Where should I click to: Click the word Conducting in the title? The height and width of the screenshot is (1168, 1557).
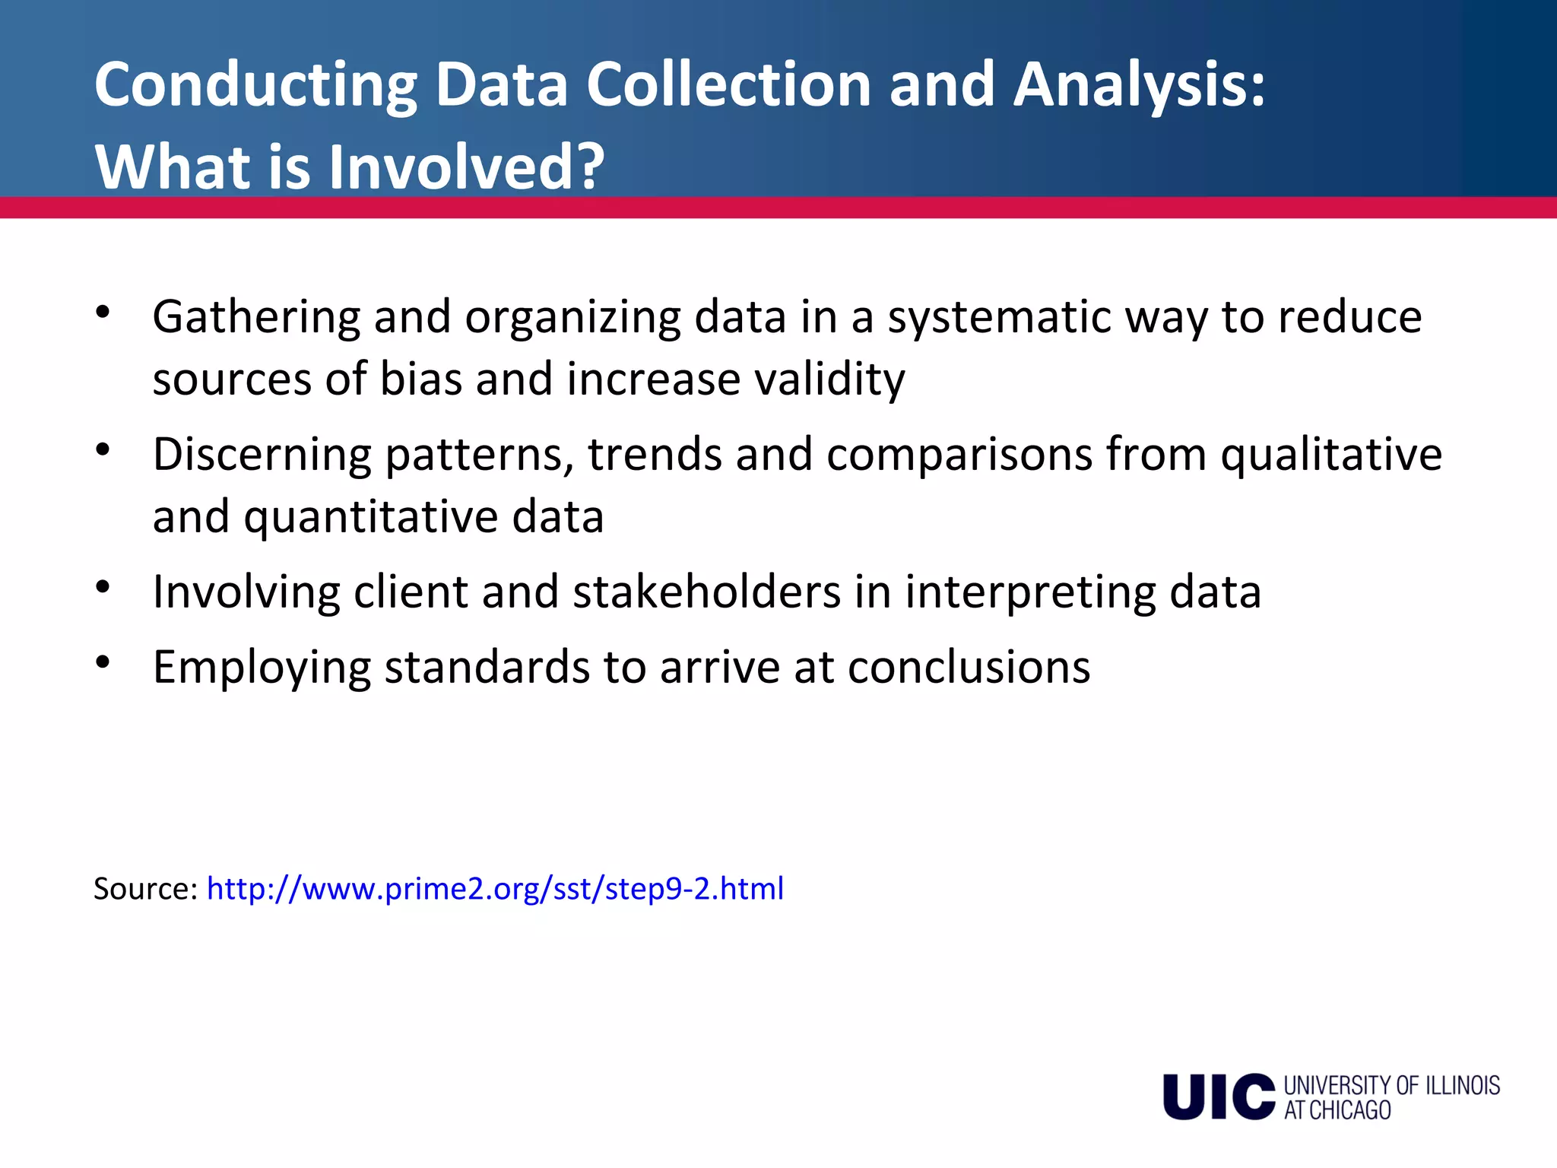pyautogui.click(x=255, y=85)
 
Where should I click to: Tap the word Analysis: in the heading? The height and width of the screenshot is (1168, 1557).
pyautogui.click(x=1139, y=85)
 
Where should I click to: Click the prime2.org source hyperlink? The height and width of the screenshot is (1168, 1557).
pyautogui.click(x=495, y=888)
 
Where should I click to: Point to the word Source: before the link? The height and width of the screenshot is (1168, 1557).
pyautogui.click(x=145, y=888)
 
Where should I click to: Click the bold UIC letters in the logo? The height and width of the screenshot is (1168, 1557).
pyautogui.click(x=1218, y=1097)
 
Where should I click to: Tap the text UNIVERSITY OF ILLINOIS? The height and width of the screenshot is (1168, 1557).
pyautogui.click(x=1391, y=1085)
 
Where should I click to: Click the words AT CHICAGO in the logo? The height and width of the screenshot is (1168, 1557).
pyautogui.click(x=1337, y=1110)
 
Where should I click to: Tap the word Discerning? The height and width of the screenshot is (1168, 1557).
pyautogui.click(x=262, y=455)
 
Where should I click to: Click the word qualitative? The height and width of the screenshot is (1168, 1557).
pyautogui.click(x=1331, y=455)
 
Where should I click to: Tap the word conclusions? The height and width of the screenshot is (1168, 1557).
pyautogui.click(x=969, y=668)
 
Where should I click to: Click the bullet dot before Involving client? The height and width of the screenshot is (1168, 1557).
pyautogui.click(x=103, y=587)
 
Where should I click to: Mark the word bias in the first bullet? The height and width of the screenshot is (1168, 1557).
pyautogui.click(x=420, y=379)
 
